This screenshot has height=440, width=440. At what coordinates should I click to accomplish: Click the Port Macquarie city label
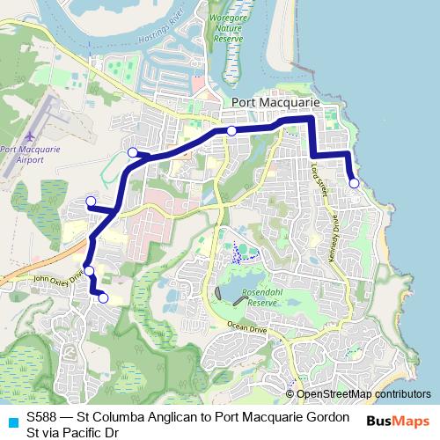(275, 104)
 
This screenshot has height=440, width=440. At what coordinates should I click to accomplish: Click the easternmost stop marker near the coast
(354, 183)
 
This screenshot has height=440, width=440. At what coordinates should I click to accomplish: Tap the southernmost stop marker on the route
(103, 298)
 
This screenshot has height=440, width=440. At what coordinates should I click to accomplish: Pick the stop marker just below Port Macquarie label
(231, 131)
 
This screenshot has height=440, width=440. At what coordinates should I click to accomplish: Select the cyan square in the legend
(12, 421)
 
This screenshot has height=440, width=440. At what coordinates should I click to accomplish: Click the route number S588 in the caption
(43, 415)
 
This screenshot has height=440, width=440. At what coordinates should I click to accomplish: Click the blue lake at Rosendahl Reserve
(231, 292)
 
